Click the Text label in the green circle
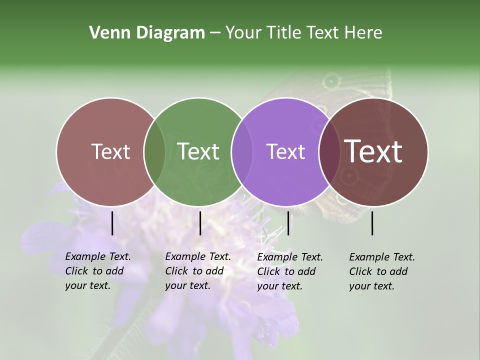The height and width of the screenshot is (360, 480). click(x=198, y=151)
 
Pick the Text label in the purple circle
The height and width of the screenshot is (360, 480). click(x=285, y=151)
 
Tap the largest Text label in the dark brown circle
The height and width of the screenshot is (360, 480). click(x=373, y=151)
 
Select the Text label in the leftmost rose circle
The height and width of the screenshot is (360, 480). click(x=111, y=151)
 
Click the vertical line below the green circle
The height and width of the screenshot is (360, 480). click(x=200, y=223)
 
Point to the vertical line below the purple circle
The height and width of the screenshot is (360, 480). click(x=288, y=223)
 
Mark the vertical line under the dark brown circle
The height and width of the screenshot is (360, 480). click(x=372, y=223)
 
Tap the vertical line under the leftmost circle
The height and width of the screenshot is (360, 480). click(x=112, y=223)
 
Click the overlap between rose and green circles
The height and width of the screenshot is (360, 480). click(x=154, y=152)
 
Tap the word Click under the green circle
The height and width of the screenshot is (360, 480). click(x=176, y=271)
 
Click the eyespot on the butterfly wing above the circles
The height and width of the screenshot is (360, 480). click(x=331, y=81)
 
